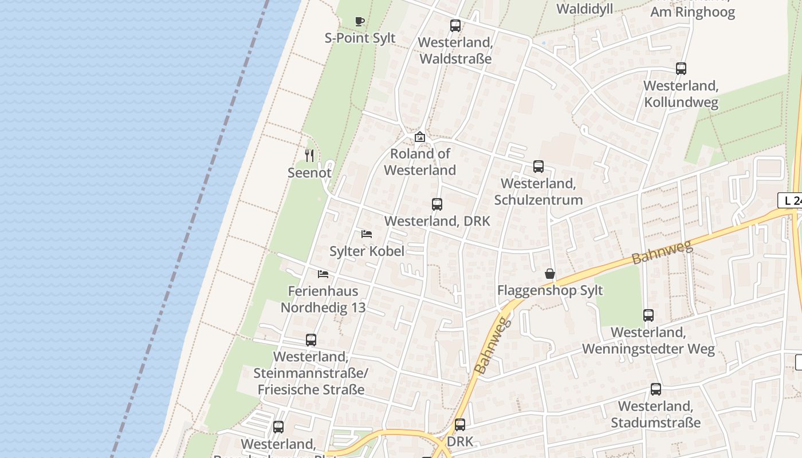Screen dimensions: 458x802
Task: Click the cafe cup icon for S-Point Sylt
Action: pos(360,22)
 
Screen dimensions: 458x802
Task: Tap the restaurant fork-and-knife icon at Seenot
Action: pos(309,155)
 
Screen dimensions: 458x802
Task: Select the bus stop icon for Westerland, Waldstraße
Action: pos(455,26)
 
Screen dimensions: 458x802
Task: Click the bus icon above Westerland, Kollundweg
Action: pos(681,69)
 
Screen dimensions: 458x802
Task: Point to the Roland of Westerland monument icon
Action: pos(420,137)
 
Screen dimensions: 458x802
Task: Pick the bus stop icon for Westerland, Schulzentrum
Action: pos(538,167)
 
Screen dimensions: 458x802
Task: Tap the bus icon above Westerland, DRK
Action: pos(437,204)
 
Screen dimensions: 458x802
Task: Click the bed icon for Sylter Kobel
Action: pos(367,234)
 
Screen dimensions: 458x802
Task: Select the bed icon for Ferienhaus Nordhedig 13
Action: pos(323,274)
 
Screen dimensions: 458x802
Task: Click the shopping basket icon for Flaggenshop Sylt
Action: pos(550,274)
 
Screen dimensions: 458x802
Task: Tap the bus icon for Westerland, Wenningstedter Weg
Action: pos(648,315)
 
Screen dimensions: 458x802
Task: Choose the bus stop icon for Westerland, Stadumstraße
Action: pos(656,389)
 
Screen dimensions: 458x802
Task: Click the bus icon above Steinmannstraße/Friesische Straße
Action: pos(311,340)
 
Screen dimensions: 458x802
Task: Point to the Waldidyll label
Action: pos(585,9)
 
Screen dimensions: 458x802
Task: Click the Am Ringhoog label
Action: pos(693,12)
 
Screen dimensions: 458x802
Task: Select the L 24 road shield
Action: pos(791,200)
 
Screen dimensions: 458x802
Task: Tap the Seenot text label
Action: pos(309,172)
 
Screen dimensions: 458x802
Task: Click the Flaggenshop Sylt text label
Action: pos(550,290)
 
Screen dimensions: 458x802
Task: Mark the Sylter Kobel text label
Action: pos(367,251)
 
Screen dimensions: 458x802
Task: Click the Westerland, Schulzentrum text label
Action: pos(538,192)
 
